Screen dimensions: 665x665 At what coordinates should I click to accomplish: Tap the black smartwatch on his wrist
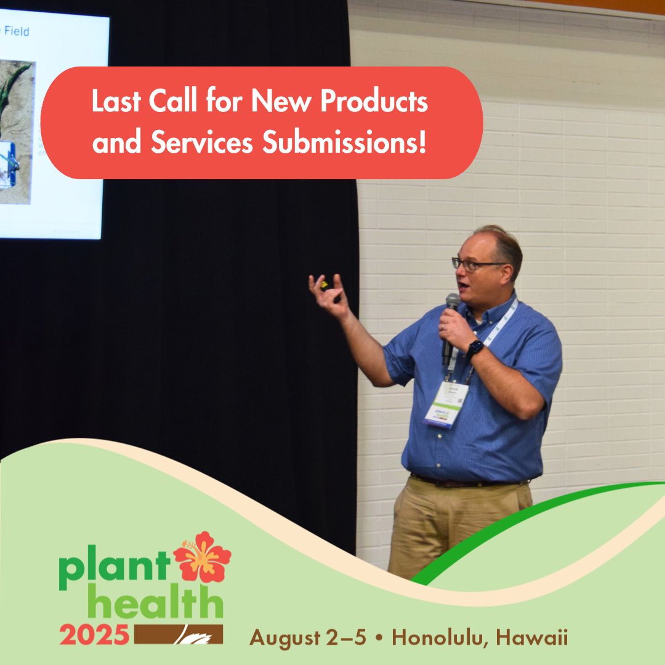tap(474, 349)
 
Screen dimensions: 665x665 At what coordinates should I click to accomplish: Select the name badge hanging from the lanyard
tap(446, 404)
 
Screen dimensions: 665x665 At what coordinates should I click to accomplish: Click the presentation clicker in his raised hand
tap(324, 286)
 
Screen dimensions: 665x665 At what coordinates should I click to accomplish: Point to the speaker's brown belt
tap(468, 480)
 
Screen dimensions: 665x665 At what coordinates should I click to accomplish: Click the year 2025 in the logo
tap(94, 635)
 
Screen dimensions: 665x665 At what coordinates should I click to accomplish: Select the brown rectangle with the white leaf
tap(178, 635)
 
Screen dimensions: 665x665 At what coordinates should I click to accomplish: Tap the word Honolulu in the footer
tap(442, 638)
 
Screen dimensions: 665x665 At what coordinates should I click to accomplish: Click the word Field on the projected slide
tap(17, 31)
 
